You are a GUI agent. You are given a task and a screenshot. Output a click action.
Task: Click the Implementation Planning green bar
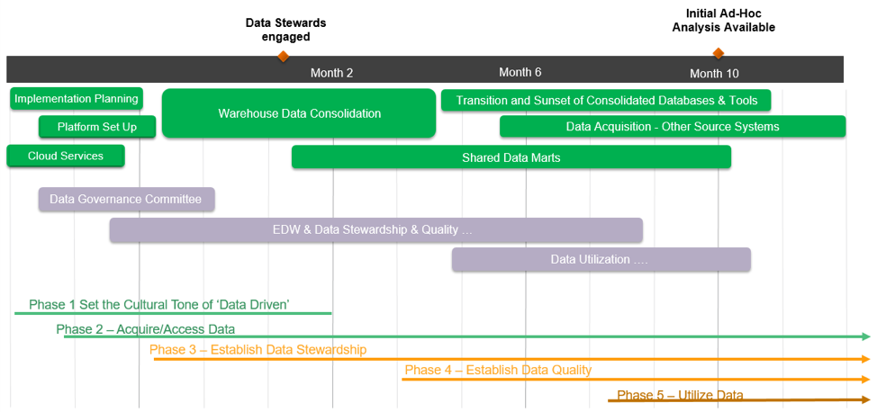(77, 98)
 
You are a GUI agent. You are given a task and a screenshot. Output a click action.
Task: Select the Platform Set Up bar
(97, 127)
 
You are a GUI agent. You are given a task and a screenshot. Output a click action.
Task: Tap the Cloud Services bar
(66, 156)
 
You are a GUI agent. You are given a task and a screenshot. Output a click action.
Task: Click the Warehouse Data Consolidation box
(299, 113)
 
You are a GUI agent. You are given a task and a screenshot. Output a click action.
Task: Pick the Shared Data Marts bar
(511, 157)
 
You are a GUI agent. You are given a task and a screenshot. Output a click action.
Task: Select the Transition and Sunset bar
(606, 100)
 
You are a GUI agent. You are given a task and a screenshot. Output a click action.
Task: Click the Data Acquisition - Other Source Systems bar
(672, 127)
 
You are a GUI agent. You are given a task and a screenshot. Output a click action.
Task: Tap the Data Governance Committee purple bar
(126, 199)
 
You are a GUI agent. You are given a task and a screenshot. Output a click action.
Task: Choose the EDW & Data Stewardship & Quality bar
(375, 229)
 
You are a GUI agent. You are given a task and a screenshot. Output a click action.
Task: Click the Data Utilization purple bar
(601, 259)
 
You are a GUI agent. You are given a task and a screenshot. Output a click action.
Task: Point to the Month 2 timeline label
(332, 73)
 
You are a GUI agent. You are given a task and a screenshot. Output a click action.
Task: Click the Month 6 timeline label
(520, 72)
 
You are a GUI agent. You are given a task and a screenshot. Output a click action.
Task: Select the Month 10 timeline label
(714, 73)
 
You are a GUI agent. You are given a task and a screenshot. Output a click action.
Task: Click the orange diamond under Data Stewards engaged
(283, 56)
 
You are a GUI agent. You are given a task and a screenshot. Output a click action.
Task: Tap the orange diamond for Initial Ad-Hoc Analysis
(718, 53)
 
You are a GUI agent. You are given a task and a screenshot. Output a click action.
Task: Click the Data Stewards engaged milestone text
(285, 30)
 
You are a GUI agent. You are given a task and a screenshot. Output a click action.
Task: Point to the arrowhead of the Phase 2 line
(866, 336)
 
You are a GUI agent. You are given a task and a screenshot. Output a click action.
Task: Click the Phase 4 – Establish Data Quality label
(498, 370)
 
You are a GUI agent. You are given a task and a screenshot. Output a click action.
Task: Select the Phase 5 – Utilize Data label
(680, 395)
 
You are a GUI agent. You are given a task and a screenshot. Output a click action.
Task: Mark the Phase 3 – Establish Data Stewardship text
(258, 349)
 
